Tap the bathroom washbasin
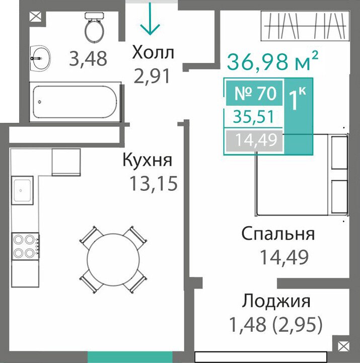point(40,58)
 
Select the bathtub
point(75,102)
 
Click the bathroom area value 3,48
point(88,59)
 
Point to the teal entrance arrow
point(150,19)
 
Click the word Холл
point(153,52)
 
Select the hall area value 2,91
point(152,77)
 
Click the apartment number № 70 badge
point(254,93)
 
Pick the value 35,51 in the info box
point(254,117)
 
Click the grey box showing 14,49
point(254,141)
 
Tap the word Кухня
point(148,160)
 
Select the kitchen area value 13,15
point(154,184)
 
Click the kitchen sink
point(22,190)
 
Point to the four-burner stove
point(26,246)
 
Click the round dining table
point(113,259)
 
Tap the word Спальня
point(278,234)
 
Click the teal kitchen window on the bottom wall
point(130,357)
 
